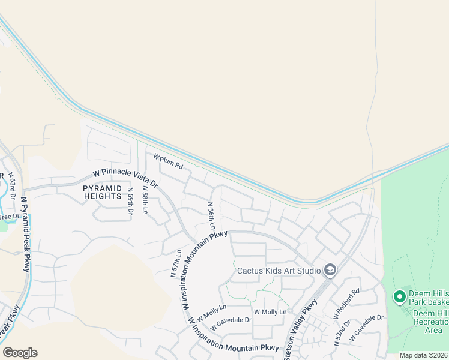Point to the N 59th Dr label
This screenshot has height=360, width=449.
[x=130, y=201]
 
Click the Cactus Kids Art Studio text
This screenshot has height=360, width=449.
[x=279, y=271]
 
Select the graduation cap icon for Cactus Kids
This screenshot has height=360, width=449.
[x=329, y=271]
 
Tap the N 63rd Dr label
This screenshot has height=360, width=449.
[x=11, y=185]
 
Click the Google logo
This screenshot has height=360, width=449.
[x=20, y=353]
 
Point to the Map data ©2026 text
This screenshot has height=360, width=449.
[x=423, y=355]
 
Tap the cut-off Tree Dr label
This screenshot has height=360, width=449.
[x=10, y=217]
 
